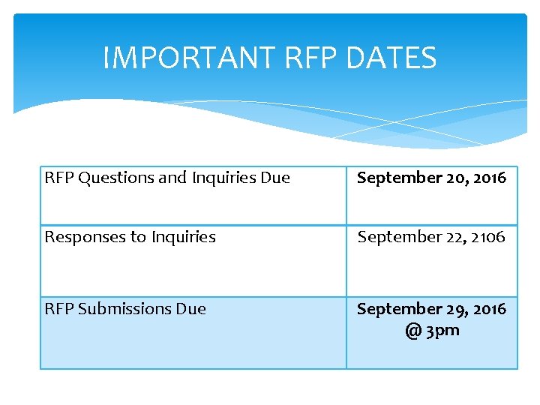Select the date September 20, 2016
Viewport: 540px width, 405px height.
(431, 178)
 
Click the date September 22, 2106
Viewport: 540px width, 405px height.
(431, 237)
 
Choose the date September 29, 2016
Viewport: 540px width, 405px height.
(431, 309)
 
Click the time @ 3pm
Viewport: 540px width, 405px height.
(432, 330)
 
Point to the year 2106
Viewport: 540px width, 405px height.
(488, 237)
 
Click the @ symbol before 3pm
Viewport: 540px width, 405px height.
(412, 331)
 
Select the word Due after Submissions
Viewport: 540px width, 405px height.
(190, 309)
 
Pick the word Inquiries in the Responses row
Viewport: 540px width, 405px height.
(183, 237)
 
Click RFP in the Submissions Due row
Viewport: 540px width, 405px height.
(59, 309)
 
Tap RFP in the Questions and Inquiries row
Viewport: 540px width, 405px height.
(59, 178)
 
